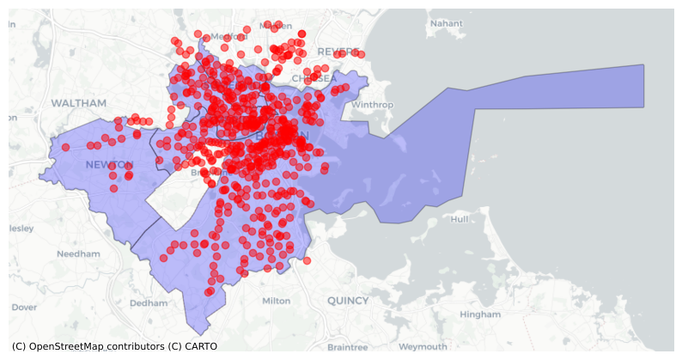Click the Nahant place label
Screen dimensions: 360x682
(x=447, y=23)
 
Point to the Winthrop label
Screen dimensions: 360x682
(x=372, y=105)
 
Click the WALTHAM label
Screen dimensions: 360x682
(x=78, y=103)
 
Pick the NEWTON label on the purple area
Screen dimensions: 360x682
(x=109, y=164)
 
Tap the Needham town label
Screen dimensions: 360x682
(x=78, y=254)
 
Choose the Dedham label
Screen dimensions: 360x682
(x=149, y=302)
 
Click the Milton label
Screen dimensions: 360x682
(x=276, y=301)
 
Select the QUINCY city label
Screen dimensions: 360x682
(x=347, y=301)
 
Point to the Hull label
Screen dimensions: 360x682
(x=460, y=219)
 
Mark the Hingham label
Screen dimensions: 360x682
(x=480, y=314)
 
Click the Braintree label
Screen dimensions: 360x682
(x=347, y=346)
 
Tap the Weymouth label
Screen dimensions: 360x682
(x=423, y=346)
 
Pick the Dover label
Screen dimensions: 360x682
(x=24, y=307)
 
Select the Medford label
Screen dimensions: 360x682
(x=228, y=36)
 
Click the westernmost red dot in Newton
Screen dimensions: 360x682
(x=65, y=146)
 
